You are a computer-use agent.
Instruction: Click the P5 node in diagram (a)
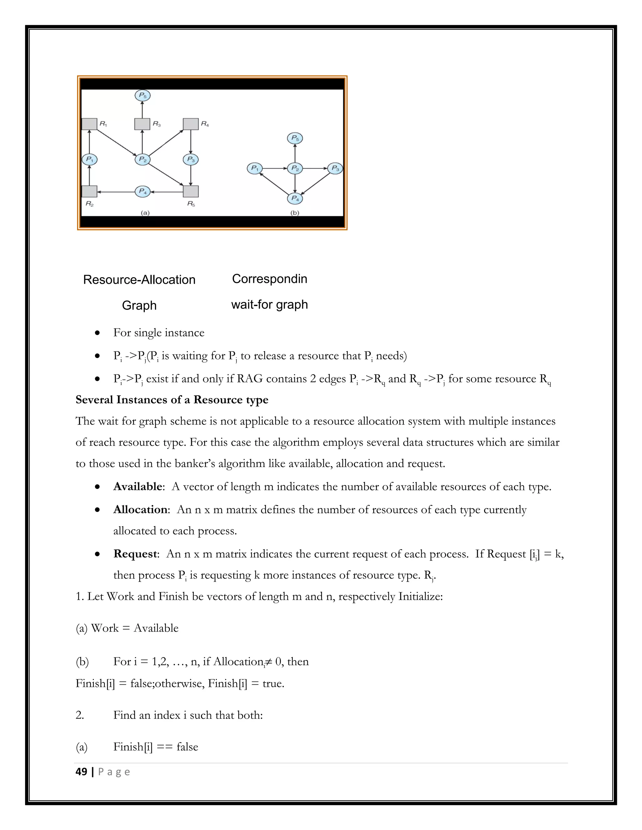pos(143,96)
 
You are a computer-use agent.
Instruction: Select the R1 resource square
pos(89,124)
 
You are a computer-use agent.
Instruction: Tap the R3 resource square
pos(142,124)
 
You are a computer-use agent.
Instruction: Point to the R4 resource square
pos(191,124)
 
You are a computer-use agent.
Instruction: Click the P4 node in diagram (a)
pos(143,192)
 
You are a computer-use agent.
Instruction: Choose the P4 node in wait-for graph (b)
pos(295,198)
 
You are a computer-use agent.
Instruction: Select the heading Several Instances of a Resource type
pos(172,400)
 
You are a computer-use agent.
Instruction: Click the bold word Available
pos(138,486)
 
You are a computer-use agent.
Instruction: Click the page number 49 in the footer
pos(82,771)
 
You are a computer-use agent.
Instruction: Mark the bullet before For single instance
pos(98,333)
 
